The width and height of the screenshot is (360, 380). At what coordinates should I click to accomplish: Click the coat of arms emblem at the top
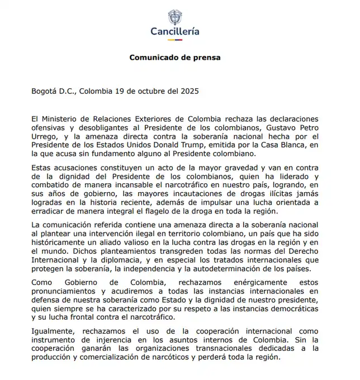point(175,16)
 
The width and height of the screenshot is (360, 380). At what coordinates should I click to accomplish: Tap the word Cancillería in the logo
point(175,32)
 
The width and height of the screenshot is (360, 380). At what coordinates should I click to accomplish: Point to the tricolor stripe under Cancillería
point(175,40)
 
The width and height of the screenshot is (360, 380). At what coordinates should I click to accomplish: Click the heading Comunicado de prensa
point(175,58)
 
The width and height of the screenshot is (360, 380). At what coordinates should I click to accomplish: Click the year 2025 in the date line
point(188,91)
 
